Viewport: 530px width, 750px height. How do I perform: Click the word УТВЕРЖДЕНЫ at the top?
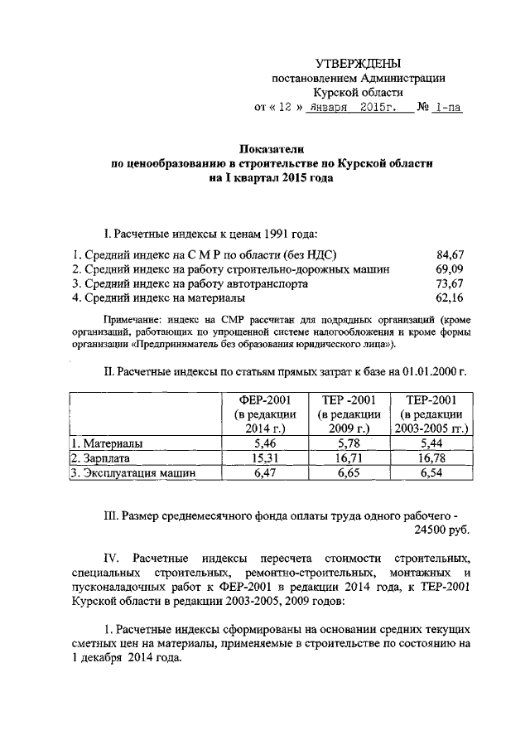point(359,64)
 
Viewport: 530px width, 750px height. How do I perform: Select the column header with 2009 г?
point(349,414)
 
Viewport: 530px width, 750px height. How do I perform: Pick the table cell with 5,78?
point(349,443)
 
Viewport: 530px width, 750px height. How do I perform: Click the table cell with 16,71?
point(349,458)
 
